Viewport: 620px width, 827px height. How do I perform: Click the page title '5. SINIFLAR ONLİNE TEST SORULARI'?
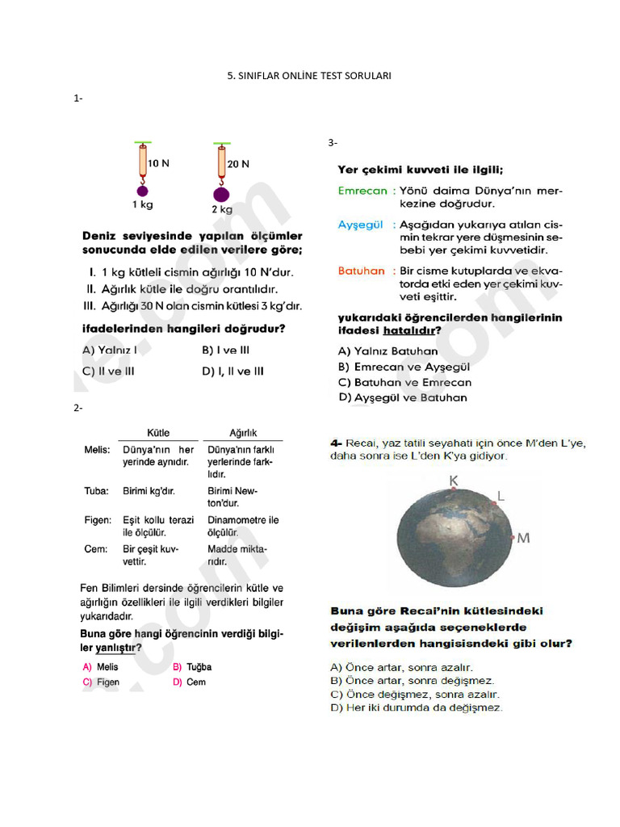coord(310,75)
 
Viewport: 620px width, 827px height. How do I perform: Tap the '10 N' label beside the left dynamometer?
coord(158,163)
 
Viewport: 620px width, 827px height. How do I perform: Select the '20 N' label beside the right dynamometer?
coord(238,163)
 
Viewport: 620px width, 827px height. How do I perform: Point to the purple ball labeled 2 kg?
coord(220,194)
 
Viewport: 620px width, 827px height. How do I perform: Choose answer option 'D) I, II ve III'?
coord(232,372)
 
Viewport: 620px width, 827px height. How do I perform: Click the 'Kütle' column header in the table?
coord(158,433)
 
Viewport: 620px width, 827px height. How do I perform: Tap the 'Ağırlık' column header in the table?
coord(243,433)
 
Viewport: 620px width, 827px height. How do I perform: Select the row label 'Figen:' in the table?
coord(98,520)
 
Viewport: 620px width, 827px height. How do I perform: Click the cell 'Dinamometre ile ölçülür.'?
coord(243,527)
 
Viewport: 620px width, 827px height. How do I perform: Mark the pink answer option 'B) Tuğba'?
coord(192,667)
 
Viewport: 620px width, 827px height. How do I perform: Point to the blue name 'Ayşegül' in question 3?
coord(360,225)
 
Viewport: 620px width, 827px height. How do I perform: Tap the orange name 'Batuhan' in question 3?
coord(362,271)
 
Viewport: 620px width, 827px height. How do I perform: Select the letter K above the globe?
coord(454,481)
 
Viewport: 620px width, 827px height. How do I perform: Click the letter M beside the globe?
coord(523,538)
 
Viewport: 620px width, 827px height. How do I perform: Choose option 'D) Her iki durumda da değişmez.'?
coord(417,707)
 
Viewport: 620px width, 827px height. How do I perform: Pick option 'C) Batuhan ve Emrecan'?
coord(405,382)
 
